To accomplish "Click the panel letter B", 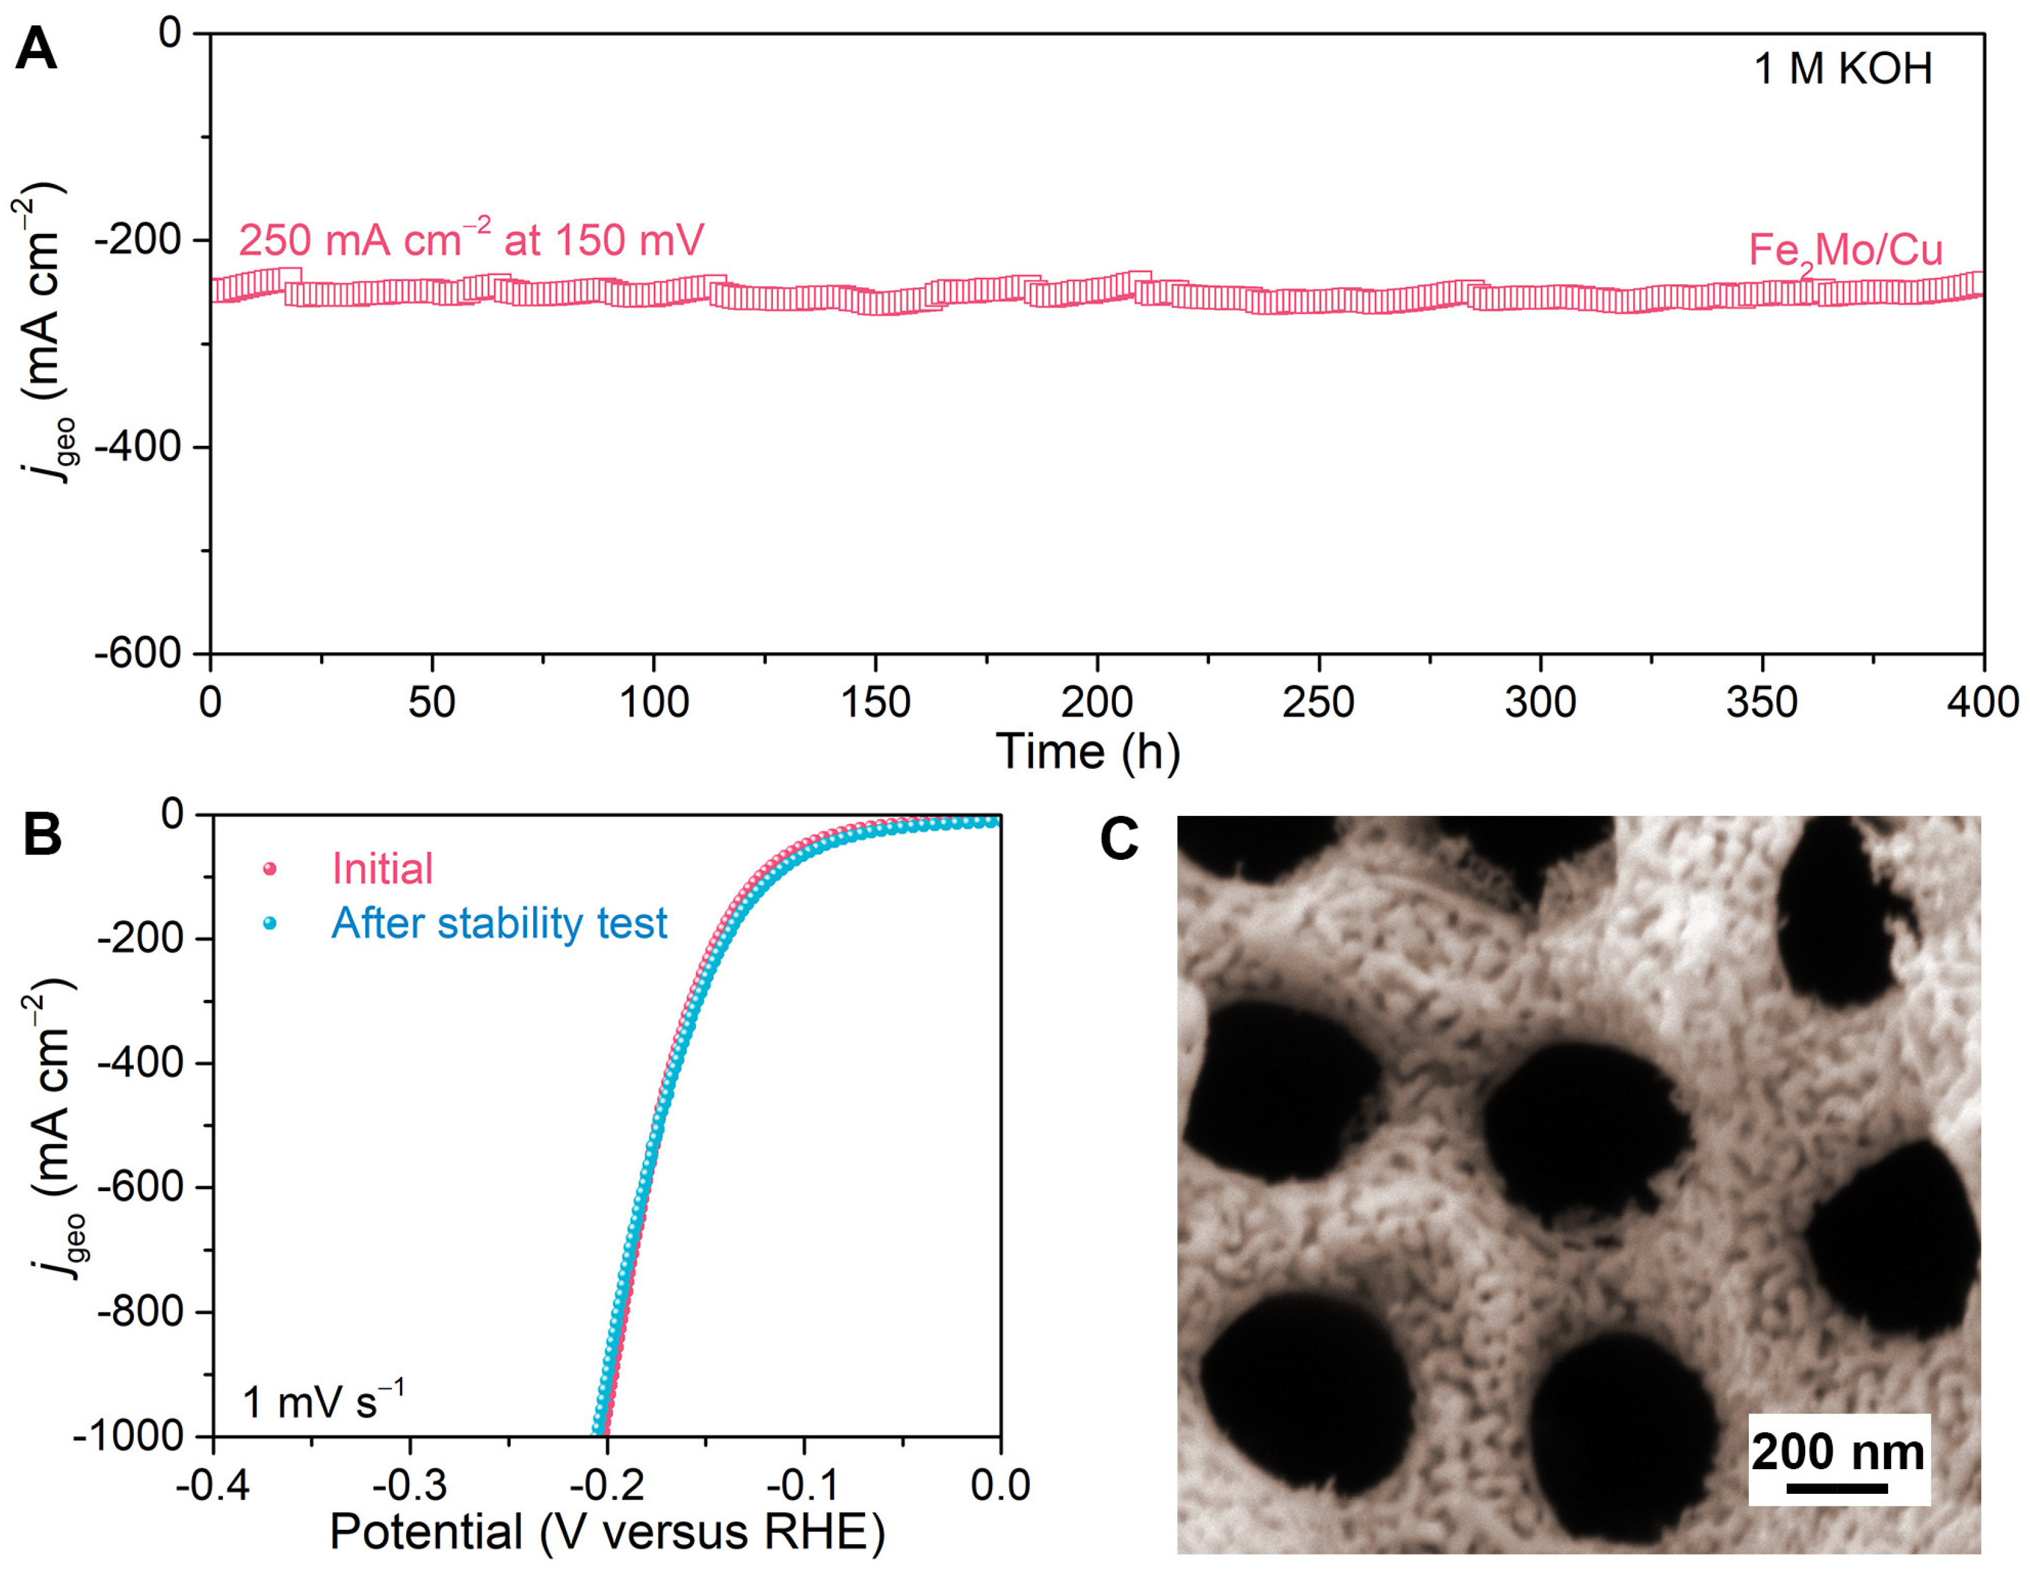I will tap(42, 835).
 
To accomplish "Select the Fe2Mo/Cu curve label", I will tap(1845, 251).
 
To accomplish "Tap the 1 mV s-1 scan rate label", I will tap(323, 1401).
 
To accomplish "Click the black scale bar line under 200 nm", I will tap(1837, 1488).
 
